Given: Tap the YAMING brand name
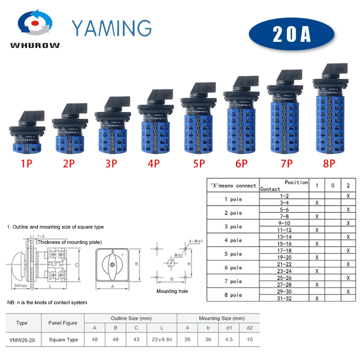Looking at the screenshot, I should (x=112, y=28).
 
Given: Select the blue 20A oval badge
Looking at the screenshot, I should (x=292, y=35).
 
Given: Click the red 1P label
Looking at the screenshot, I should (x=27, y=163).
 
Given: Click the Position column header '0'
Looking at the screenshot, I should (x=333, y=186).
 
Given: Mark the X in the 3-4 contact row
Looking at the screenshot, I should (x=317, y=203).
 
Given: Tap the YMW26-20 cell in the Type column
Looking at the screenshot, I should (x=22, y=340).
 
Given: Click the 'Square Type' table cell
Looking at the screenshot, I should (x=63, y=340).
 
